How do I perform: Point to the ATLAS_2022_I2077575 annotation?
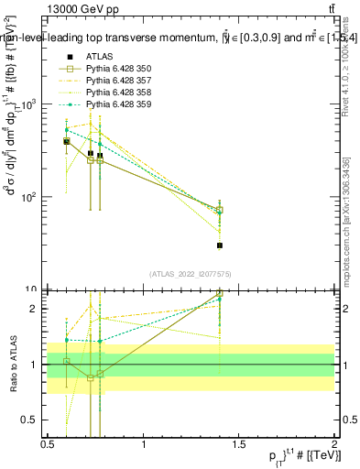pos(191,274)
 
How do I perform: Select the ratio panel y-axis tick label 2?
pos(35,309)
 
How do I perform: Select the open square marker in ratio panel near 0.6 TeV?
pos(67,361)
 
